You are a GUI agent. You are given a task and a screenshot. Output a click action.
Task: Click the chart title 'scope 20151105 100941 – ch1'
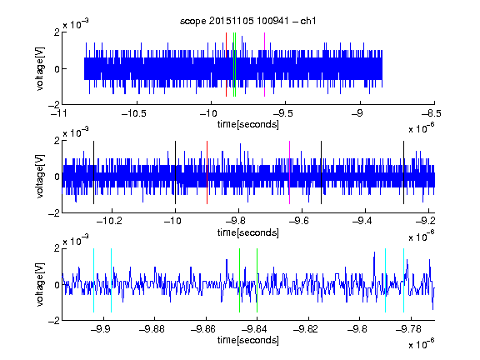click(247, 21)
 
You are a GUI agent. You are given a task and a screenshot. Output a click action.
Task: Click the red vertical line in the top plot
click(226, 65)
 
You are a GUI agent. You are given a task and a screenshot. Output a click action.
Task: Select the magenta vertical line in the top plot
click(264, 65)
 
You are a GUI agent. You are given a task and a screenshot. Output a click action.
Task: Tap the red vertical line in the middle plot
click(207, 172)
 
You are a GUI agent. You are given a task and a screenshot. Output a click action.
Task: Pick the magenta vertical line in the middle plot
click(290, 172)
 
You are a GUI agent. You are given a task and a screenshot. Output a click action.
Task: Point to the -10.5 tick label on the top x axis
click(134, 113)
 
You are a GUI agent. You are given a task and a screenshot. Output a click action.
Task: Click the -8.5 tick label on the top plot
click(431, 113)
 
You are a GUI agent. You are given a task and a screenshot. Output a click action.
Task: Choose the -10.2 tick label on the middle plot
click(109, 220)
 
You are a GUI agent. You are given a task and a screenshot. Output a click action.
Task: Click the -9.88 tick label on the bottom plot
click(152, 329)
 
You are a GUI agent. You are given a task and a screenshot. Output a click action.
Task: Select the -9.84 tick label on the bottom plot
click(254, 329)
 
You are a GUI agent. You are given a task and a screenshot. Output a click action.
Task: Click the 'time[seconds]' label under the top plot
click(248, 124)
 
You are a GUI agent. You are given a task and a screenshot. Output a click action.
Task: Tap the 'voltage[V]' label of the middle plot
click(40, 176)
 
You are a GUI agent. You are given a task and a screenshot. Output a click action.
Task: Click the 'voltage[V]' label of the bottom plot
click(40, 284)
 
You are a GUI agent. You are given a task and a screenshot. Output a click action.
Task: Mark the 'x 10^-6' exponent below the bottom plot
click(421, 343)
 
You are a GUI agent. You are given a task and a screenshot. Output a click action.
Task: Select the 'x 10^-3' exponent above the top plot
click(76, 23)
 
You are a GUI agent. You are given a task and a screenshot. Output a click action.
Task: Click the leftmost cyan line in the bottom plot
click(93, 280)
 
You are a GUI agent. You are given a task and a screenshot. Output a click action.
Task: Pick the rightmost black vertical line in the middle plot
click(404, 172)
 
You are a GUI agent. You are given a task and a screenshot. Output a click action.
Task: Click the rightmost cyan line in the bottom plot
click(404, 280)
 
